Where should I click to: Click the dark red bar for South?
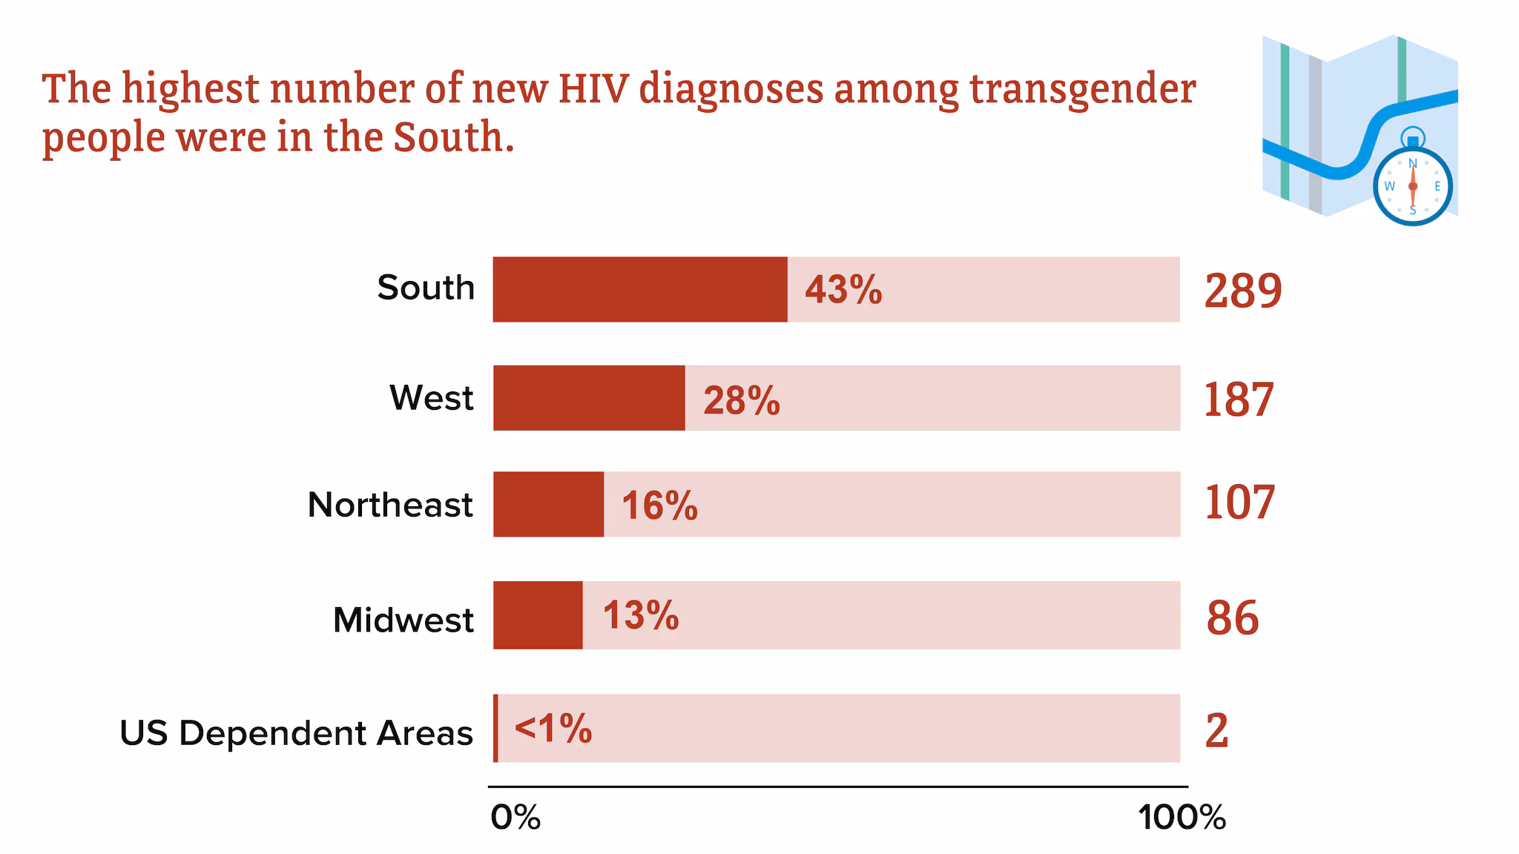coord(640,289)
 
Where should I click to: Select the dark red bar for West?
coord(589,397)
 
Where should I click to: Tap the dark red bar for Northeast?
coord(548,504)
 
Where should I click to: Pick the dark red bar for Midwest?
coord(538,615)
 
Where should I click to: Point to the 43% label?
coord(843,289)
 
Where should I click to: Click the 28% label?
coord(742,400)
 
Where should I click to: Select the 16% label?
coord(659,506)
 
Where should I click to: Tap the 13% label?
coord(641,615)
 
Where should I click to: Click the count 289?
coord(1243,291)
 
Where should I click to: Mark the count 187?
coord(1239,400)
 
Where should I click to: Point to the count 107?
coord(1239,503)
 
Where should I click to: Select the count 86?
coord(1233,618)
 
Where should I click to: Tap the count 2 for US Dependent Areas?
coord(1217,731)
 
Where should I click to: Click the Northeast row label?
coord(390,506)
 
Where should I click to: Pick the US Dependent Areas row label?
coord(296,733)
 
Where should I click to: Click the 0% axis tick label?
coord(515,818)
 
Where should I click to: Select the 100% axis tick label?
coord(1182,818)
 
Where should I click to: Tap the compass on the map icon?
coord(1412,185)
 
